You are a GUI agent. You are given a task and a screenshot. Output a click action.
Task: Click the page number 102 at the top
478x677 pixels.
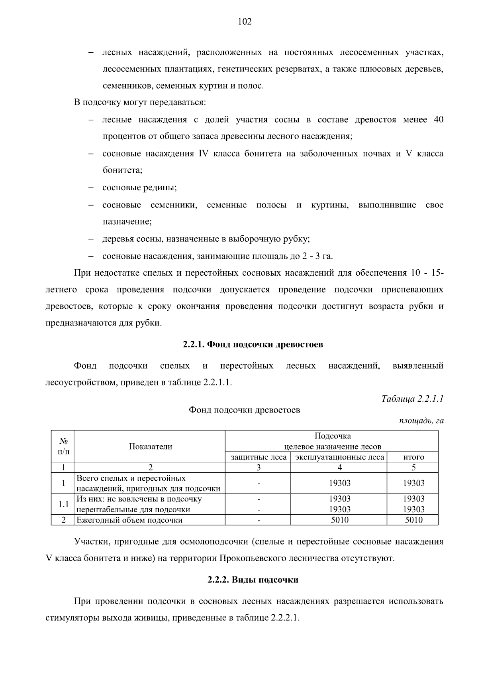point(245,22)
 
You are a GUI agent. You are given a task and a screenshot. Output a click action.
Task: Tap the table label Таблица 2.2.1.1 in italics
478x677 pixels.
point(412,399)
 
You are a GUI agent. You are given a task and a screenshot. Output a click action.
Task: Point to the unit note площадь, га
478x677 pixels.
point(421,421)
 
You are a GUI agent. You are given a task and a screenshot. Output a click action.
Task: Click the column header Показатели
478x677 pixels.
point(150,446)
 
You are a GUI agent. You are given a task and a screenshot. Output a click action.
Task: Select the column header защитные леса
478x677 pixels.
point(259,457)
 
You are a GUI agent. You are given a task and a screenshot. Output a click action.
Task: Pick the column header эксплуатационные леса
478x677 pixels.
point(339,457)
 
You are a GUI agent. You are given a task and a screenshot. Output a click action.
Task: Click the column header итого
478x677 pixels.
point(413,457)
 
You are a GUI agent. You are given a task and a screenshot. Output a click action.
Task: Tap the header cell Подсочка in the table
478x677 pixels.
point(332,436)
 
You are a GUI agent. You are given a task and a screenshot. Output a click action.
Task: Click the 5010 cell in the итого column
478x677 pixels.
point(413,520)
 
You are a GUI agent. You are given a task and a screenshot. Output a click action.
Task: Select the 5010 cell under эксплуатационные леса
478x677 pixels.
point(339,520)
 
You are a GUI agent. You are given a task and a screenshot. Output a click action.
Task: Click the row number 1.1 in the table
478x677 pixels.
point(63,504)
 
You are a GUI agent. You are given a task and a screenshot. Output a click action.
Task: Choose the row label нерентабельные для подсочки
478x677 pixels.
point(133,509)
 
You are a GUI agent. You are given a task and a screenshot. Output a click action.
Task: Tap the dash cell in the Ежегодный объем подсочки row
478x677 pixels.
point(259,520)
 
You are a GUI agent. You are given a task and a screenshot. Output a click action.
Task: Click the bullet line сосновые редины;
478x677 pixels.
point(139,188)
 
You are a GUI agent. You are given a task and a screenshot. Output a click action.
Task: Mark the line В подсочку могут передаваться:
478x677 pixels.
point(140,103)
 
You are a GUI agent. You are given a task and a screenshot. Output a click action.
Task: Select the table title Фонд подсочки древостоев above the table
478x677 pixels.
point(244,410)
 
